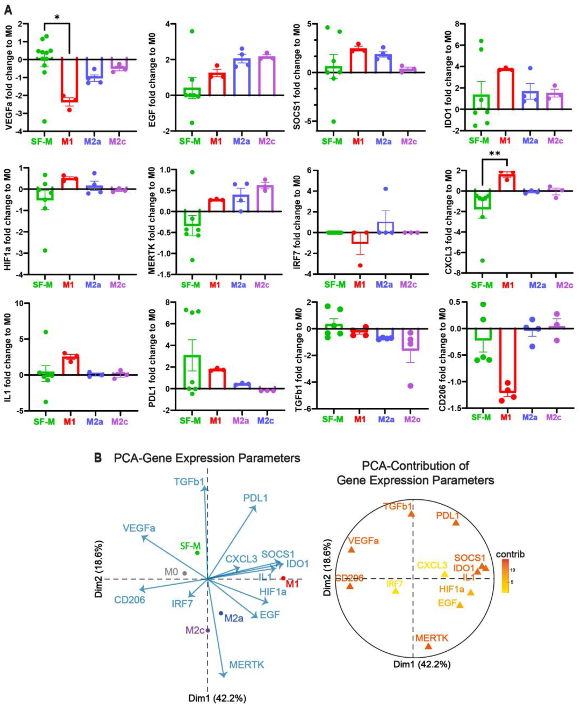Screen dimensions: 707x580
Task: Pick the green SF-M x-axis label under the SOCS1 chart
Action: pyautogui.click(x=332, y=142)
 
